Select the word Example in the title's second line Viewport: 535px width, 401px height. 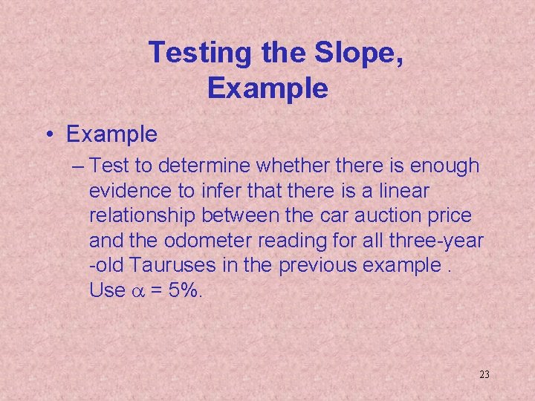267,88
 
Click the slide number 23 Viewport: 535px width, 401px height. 484,374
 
